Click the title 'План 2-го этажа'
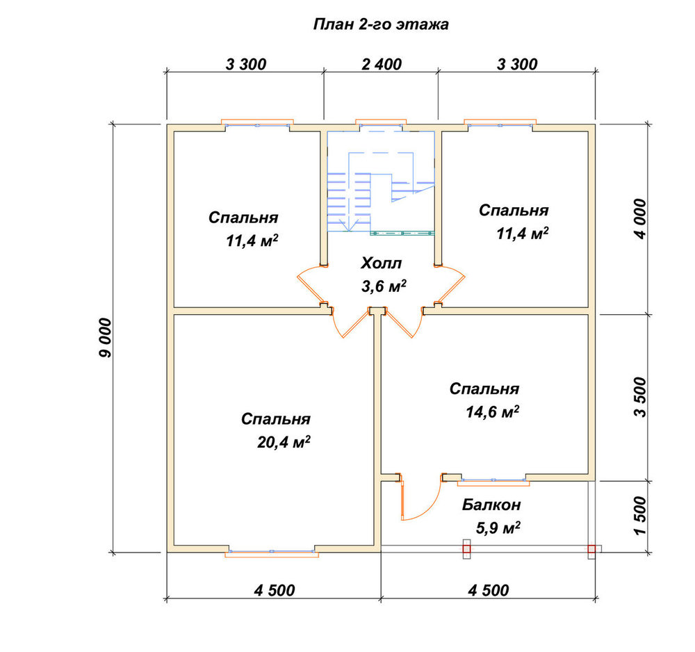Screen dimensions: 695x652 [x=381, y=24]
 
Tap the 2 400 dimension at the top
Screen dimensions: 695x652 [x=381, y=64]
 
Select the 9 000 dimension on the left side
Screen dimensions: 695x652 [x=106, y=338]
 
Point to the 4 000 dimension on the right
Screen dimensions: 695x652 [x=641, y=219]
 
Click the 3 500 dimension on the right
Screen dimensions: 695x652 [x=641, y=397]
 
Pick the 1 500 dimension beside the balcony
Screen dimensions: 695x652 [x=641, y=516]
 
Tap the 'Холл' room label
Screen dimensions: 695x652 [x=381, y=263]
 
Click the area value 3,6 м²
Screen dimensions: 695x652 [x=384, y=286]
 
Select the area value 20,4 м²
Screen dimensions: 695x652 [x=284, y=442]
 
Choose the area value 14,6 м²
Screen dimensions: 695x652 [x=493, y=411]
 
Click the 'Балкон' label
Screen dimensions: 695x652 [x=491, y=505]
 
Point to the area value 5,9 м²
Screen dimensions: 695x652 [x=498, y=528]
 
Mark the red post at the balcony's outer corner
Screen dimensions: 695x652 [x=591, y=549]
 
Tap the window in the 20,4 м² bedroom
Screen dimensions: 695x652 [x=272, y=553]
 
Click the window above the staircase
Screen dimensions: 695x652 [x=381, y=124]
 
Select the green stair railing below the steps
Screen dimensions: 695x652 [x=402, y=233]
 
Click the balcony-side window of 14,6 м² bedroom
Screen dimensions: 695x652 [x=493, y=482]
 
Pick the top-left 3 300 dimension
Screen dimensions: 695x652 [x=246, y=64]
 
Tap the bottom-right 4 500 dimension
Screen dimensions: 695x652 [x=489, y=590]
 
